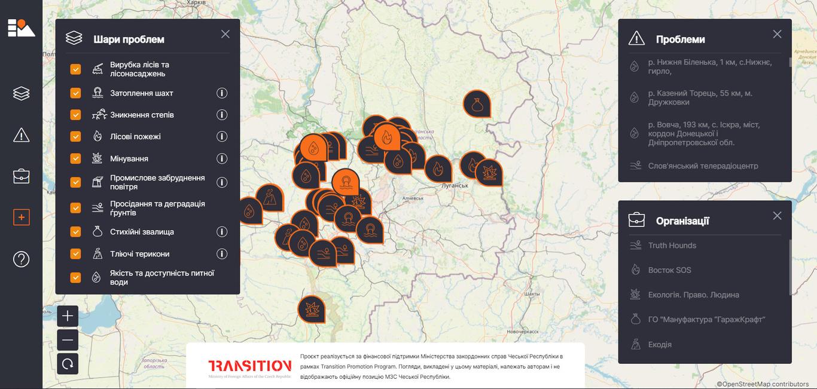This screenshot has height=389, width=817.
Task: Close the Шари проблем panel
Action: (225, 34)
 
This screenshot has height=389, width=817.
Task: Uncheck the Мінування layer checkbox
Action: (75, 158)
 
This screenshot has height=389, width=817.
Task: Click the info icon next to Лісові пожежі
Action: (222, 136)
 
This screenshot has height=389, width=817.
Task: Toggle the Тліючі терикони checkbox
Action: (75, 253)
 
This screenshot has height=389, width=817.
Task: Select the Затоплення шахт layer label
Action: (141, 93)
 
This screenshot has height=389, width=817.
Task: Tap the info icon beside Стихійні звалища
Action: (222, 232)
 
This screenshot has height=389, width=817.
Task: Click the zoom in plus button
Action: (68, 316)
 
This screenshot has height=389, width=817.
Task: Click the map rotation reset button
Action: (68, 363)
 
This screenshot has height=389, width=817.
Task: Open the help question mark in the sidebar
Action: (21, 259)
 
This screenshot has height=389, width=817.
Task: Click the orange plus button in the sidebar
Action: (21, 218)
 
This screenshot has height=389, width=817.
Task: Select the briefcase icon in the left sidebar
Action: (21, 176)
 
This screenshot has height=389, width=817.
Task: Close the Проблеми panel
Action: (777, 34)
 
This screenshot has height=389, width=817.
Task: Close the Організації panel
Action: (777, 216)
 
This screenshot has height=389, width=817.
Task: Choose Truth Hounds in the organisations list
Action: (672, 245)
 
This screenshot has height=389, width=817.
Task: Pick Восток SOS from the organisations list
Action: (669, 270)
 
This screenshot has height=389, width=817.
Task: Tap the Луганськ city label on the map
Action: (454, 185)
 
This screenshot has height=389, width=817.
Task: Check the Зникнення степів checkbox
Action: (75, 115)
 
